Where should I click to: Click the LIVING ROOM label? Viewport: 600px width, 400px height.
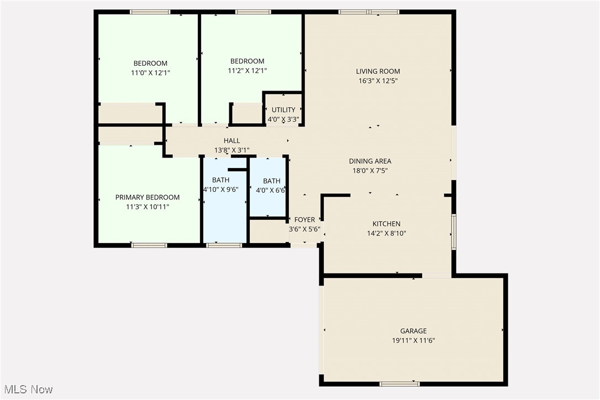click(x=378, y=71)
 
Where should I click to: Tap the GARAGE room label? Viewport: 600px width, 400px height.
click(x=413, y=331)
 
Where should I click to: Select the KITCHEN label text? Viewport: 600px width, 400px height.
click(x=386, y=224)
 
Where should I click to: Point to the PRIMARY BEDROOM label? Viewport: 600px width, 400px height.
click(x=147, y=197)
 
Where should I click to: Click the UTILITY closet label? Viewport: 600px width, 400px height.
click(x=283, y=110)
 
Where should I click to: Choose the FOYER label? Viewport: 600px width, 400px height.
click(x=304, y=220)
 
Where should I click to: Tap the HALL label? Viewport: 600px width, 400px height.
click(x=231, y=141)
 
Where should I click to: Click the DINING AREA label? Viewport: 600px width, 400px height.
click(x=370, y=161)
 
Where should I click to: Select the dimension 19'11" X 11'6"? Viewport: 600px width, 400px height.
click(x=413, y=341)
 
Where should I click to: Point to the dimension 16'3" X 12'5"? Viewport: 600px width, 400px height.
click(x=378, y=81)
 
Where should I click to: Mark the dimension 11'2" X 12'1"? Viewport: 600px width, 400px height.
click(x=247, y=71)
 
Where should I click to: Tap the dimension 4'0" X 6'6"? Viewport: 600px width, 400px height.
click(x=271, y=191)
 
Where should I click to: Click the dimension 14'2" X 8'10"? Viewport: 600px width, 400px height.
click(x=386, y=233)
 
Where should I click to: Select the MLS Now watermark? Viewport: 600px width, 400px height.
click(x=27, y=390)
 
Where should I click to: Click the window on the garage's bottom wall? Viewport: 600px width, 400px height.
click(x=399, y=383)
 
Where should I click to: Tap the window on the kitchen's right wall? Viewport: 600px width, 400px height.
click(x=454, y=232)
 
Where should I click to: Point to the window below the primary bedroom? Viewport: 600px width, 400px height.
click(x=149, y=245)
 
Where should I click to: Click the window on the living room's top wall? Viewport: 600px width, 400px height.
click(x=369, y=12)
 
